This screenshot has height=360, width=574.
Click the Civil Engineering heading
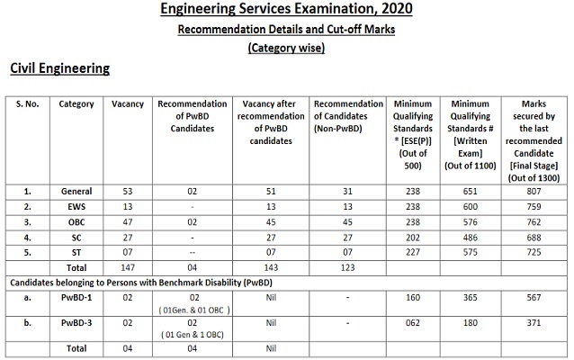tap(59, 68)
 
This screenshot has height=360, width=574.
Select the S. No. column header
tap(30, 104)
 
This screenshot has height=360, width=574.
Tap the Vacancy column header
tap(128, 104)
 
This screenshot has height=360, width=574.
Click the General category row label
tap(76, 192)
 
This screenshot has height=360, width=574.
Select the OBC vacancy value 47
tap(128, 220)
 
